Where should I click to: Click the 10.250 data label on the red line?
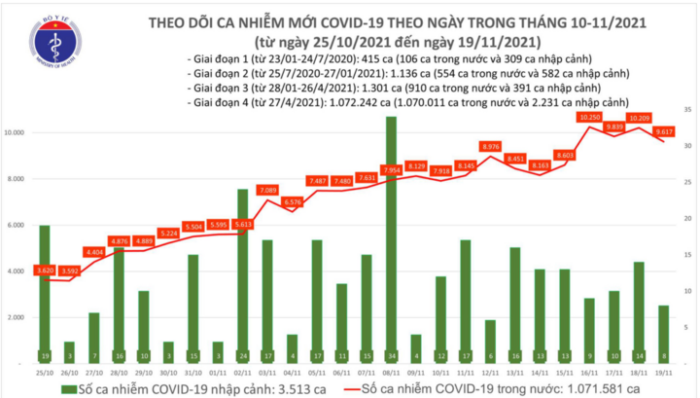588,117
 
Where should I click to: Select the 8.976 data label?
490,147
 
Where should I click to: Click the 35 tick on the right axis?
685,110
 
